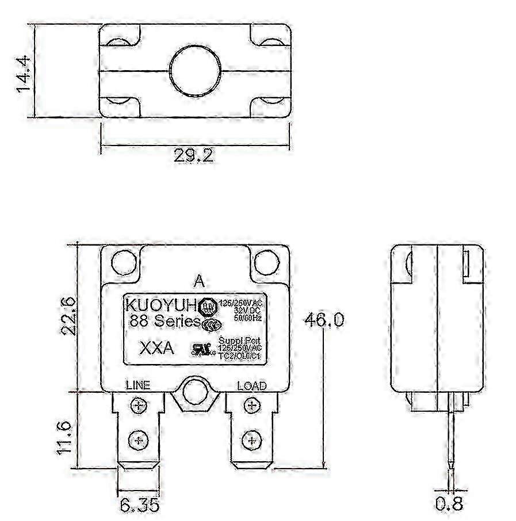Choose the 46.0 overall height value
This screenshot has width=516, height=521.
point(324,320)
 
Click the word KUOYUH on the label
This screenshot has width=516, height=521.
point(162,304)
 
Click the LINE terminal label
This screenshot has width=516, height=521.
point(137,385)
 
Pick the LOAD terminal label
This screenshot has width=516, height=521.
point(252,385)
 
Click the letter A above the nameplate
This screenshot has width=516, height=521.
point(198,281)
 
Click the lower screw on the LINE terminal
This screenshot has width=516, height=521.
point(138,440)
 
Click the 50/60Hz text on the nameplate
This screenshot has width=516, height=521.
point(249,317)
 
